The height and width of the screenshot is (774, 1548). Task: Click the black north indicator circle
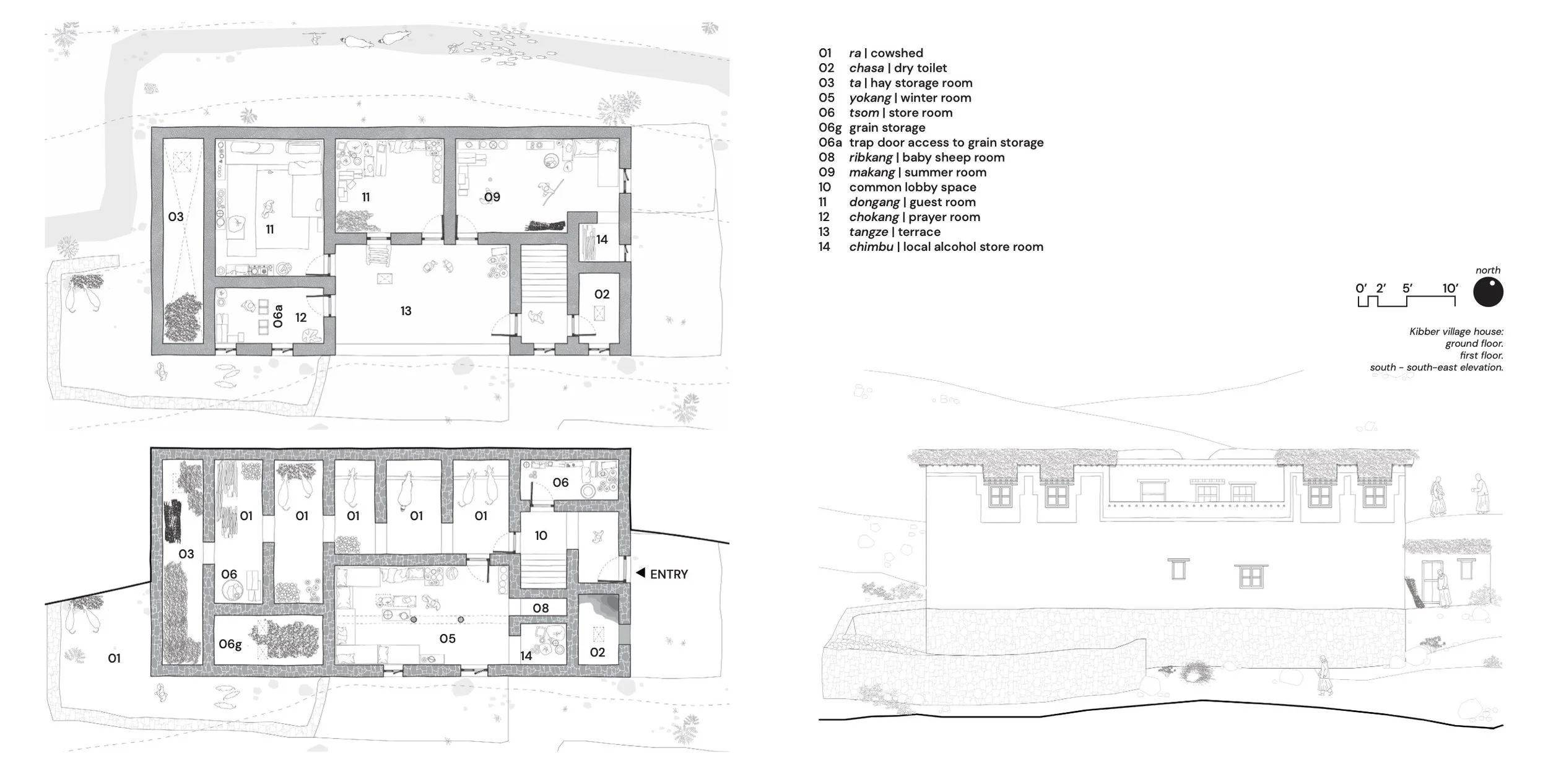click(x=1488, y=292)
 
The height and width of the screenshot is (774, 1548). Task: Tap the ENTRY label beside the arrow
click(x=669, y=574)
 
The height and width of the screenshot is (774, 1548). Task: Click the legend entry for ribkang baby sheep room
click(x=911, y=157)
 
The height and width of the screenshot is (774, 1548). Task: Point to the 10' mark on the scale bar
click(x=1450, y=288)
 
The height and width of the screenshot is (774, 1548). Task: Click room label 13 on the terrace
click(x=406, y=311)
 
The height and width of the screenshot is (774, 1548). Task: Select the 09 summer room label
click(x=492, y=197)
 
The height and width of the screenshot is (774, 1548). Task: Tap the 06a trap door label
click(x=278, y=316)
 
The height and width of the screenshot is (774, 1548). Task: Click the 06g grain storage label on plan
click(x=230, y=644)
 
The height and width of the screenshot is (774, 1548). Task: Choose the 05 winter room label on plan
click(x=447, y=638)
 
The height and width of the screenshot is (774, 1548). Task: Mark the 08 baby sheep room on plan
click(x=541, y=608)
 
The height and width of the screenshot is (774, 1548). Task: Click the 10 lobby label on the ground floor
click(x=541, y=535)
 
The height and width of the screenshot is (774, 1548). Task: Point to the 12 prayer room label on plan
click(x=301, y=318)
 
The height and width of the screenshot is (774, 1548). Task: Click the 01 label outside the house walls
click(x=114, y=658)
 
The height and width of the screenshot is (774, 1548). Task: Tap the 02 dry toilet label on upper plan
click(x=602, y=294)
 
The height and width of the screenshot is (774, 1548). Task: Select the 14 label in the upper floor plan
click(x=602, y=239)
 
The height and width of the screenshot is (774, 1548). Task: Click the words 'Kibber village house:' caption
click(x=1456, y=331)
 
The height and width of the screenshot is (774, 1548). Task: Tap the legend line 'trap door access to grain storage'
click(x=946, y=142)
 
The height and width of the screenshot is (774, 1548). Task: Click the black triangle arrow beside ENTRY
click(x=641, y=573)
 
